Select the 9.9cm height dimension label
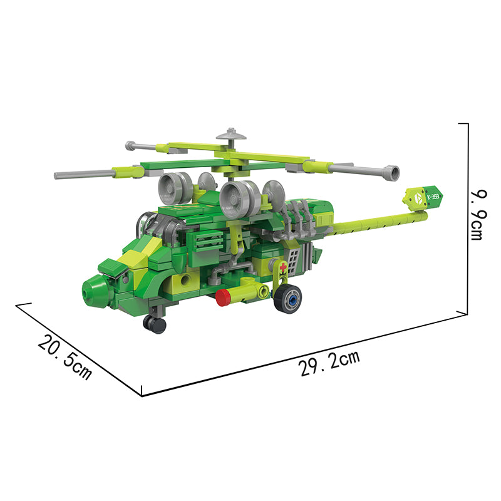tap(479, 215)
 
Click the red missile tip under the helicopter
tap(223, 297)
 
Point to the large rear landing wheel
tap(287, 299)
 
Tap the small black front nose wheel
tap(155, 324)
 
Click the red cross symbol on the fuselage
tap(283, 267)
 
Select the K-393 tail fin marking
tap(433, 197)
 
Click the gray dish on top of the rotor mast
tap(231, 134)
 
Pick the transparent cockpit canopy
tap(158, 227)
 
